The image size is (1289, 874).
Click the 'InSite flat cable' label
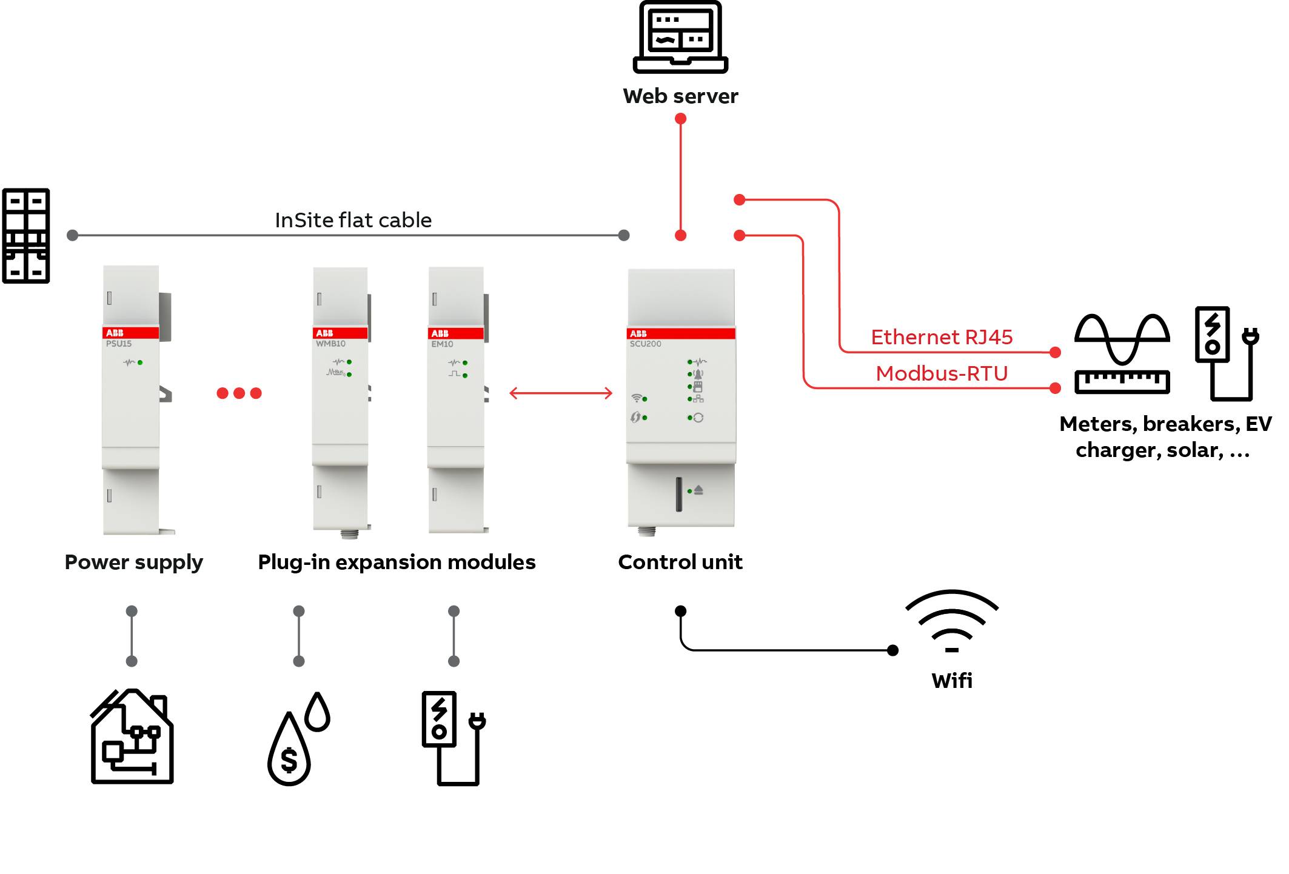(353, 220)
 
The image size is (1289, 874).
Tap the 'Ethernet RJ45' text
(941, 337)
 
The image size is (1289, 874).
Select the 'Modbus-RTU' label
(941, 373)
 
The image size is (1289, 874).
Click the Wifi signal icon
(951, 621)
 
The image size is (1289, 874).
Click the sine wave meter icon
(1122, 354)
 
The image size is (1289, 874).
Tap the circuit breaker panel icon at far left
(26, 236)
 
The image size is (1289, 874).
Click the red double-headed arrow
(561, 393)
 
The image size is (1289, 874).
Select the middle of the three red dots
(239, 393)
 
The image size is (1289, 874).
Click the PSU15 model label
(119, 344)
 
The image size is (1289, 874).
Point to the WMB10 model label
(330, 344)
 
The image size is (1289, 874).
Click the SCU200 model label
(645, 344)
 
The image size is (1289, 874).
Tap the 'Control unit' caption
(680, 562)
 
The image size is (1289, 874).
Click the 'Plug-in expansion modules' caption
(397, 562)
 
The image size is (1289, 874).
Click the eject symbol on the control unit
(698, 490)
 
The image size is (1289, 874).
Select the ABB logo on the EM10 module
(440, 333)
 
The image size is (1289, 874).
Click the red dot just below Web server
(680, 119)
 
